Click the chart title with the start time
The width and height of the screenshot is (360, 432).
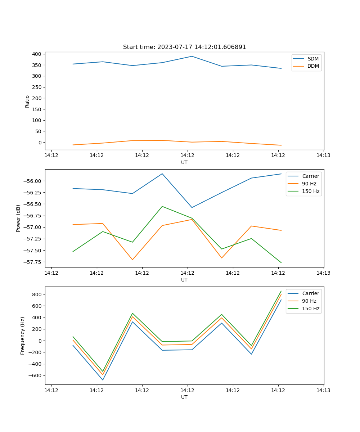tap(184, 47)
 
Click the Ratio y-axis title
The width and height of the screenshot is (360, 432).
tap(27, 102)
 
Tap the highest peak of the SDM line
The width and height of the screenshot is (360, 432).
tap(192, 56)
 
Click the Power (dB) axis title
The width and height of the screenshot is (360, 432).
tap(18, 218)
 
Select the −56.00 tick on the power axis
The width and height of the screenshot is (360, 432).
tap(33, 181)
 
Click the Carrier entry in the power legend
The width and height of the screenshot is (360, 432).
tap(310, 176)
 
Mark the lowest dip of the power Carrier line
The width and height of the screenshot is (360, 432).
tap(192, 207)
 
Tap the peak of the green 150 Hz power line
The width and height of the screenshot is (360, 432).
tap(162, 206)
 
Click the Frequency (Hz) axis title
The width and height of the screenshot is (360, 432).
tap(23, 336)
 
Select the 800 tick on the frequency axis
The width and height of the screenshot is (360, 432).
tap(37, 294)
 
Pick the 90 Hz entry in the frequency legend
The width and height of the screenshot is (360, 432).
tap(309, 301)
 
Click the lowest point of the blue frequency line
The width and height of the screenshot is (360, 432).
tap(103, 380)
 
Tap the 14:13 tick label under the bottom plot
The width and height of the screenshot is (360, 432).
tap(323, 390)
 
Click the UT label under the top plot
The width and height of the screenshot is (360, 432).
tap(184, 162)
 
